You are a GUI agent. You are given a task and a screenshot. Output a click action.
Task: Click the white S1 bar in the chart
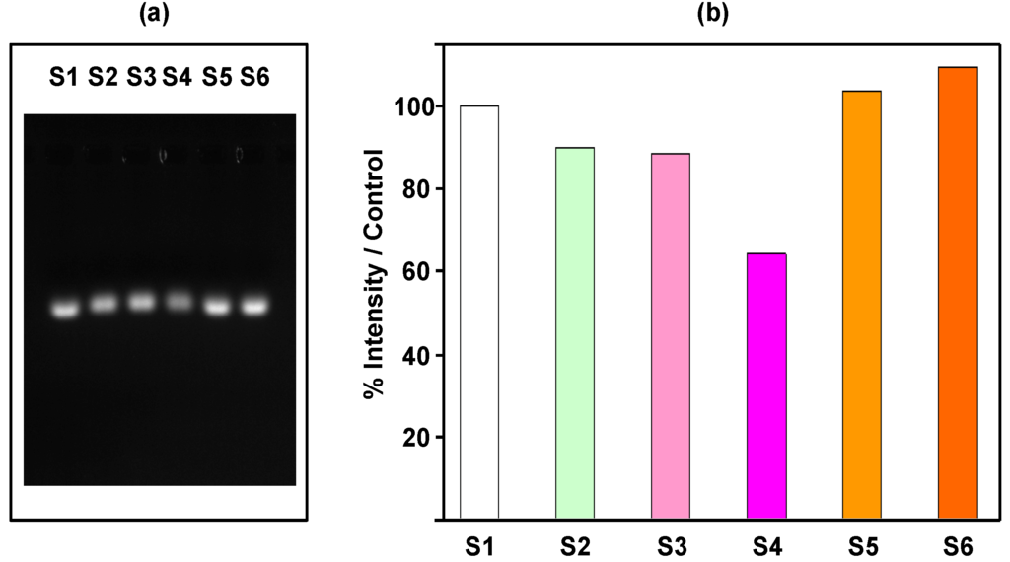click(x=479, y=312)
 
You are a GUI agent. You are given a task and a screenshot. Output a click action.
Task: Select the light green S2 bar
click(x=575, y=333)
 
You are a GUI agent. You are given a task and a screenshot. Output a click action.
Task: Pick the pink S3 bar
click(x=671, y=336)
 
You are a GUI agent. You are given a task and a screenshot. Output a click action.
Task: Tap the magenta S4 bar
click(x=766, y=386)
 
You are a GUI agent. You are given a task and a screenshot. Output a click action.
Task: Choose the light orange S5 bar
click(x=862, y=305)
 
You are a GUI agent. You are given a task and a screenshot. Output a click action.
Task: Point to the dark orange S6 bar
click(x=958, y=293)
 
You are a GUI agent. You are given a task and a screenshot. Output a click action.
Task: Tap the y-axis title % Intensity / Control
click(x=374, y=273)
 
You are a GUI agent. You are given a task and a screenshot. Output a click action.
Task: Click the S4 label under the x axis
click(x=766, y=543)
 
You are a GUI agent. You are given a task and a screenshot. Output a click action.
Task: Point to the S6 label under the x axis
click(x=958, y=543)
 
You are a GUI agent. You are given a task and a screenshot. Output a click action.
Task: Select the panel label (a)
click(x=160, y=14)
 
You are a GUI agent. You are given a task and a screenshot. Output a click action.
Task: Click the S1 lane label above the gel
click(x=65, y=76)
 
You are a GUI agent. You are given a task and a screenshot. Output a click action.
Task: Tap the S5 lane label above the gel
click(x=217, y=76)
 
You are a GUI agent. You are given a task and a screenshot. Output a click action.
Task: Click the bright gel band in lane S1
click(x=65, y=310)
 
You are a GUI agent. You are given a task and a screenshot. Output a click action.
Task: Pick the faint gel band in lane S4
click(x=179, y=302)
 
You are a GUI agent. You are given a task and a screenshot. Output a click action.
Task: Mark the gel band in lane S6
click(x=254, y=307)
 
